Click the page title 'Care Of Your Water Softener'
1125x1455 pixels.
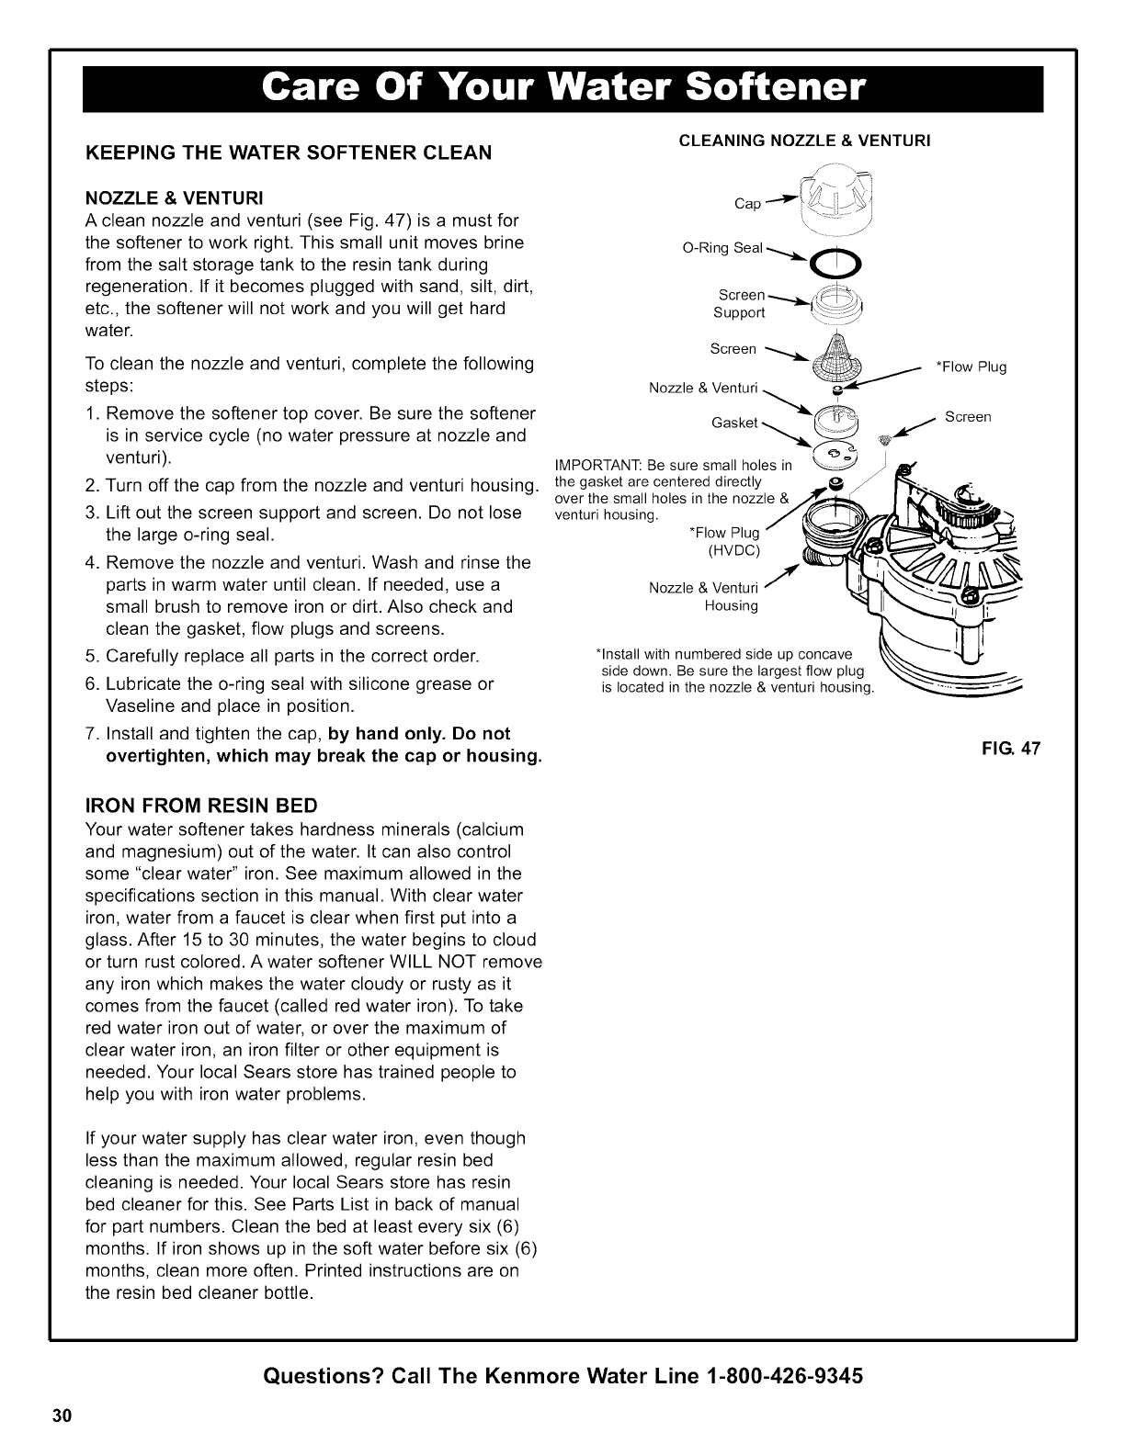click(562, 88)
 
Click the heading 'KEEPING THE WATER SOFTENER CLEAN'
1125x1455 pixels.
click(288, 152)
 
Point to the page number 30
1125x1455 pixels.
click(62, 1414)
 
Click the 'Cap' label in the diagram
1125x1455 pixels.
click(748, 204)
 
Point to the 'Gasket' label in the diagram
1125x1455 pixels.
click(734, 423)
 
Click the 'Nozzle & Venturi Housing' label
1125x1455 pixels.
click(703, 597)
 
